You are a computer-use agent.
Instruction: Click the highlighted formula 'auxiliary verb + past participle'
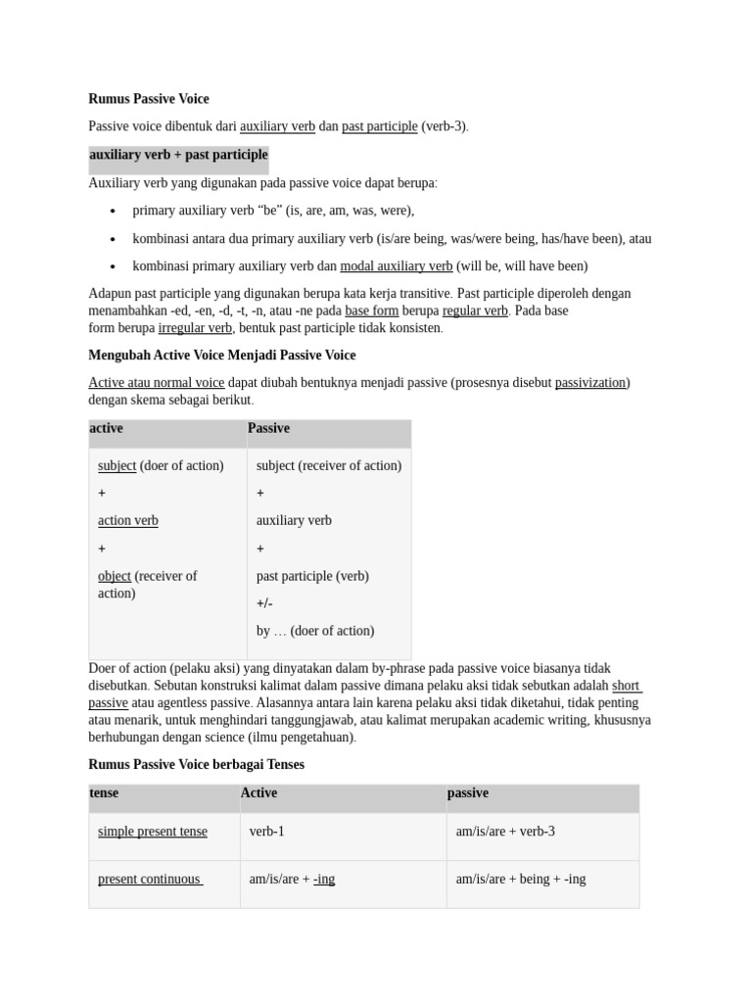pyautogui.click(x=178, y=155)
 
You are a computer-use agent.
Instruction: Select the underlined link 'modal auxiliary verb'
pyautogui.click(x=396, y=266)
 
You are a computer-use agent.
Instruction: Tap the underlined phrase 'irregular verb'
pyautogui.click(x=195, y=328)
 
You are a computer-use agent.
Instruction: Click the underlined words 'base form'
pyautogui.click(x=371, y=310)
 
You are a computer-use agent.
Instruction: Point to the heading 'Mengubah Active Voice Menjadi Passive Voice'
pyautogui.click(x=222, y=356)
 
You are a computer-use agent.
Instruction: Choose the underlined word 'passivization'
pyautogui.click(x=590, y=383)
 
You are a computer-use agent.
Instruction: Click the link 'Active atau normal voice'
pyautogui.click(x=156, y=383)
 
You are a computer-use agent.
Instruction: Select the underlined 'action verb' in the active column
pyautogui.click(x=127, y=521)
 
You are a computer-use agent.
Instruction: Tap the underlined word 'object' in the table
pyautogui.click(x=115, y=576)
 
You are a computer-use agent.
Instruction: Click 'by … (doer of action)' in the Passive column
pyautogui.click(x=315, y=631)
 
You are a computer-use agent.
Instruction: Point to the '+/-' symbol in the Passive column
pyautogui.click(x=264, y=603)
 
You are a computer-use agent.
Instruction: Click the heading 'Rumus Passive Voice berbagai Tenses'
pyautogui.click(x=196, y=764)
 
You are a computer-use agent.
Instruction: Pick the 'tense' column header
pyautogui.click(x=104, y=793)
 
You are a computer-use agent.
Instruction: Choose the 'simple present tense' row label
pyautogui.click(x=153, y=832)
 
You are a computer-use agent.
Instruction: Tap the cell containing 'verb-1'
pyautogui.click(x=267, y=832)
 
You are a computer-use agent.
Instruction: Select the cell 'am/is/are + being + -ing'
pyautogui.click(x=521, y=880)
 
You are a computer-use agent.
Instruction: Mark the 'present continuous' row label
pyautogui.click(x=149, y=880)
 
